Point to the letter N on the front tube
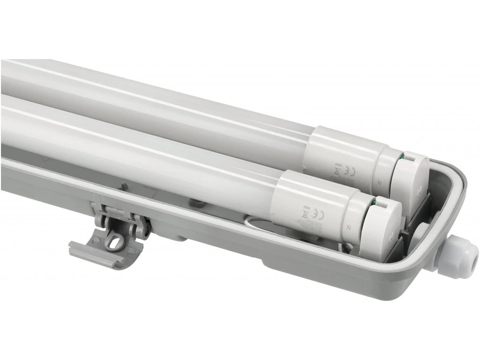coord(350,226)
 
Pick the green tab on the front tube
coord(375,203)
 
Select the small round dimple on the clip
coord(96,241)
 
